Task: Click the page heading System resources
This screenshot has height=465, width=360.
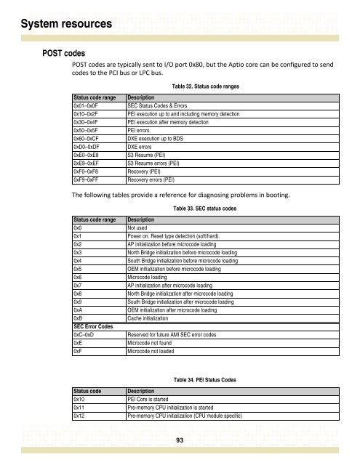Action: coord(57,24)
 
